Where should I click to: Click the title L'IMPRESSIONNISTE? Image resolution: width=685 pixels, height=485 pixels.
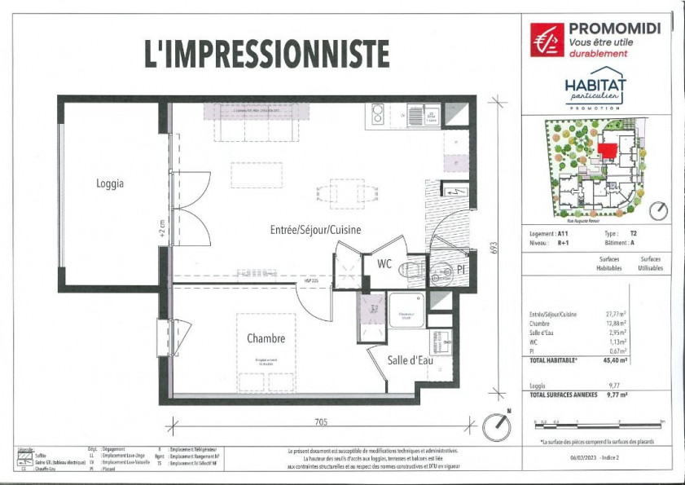click(267, 53)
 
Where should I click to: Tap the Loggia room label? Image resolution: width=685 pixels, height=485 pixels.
click(110, 183)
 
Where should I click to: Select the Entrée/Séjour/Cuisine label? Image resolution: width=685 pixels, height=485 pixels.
click(315, 230)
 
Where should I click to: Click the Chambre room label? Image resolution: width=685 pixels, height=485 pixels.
click(266, 338)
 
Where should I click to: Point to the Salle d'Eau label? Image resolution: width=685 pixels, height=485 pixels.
click(410, 359)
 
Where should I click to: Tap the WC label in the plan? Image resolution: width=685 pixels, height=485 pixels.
click(384, 263)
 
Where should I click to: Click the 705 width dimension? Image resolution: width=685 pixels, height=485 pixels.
click(321, 421)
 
